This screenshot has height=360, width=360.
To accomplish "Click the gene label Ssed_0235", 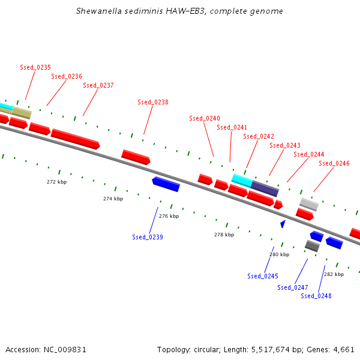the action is tap(35, 67).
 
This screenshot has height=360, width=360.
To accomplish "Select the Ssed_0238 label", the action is tap(153, 102).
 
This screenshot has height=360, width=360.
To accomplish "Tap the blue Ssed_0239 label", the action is tap(148, 237).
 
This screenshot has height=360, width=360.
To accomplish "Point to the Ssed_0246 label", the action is tap(334, 163).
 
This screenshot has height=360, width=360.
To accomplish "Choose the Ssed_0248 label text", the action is tap(316, 296).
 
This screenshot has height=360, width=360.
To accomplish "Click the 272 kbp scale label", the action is tap(57, 182).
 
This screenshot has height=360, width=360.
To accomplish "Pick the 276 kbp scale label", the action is tap(169, 216).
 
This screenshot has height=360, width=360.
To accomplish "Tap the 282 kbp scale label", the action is tap(334, 274).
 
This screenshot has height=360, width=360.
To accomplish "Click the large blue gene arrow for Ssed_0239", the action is tap(166, 184).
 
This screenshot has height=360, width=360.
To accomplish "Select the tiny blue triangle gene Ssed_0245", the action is tap(283, 224).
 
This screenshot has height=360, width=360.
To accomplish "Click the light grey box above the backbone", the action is tap(309, 205).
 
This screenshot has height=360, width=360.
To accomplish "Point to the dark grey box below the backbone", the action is tap(312, 246).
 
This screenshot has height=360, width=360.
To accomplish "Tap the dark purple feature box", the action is tap(265, 188).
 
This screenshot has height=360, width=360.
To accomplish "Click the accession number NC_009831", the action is tap(65, 350).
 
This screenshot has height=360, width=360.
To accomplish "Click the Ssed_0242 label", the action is tap(259, 136).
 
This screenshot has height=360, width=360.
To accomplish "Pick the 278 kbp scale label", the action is tap(224, 235).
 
